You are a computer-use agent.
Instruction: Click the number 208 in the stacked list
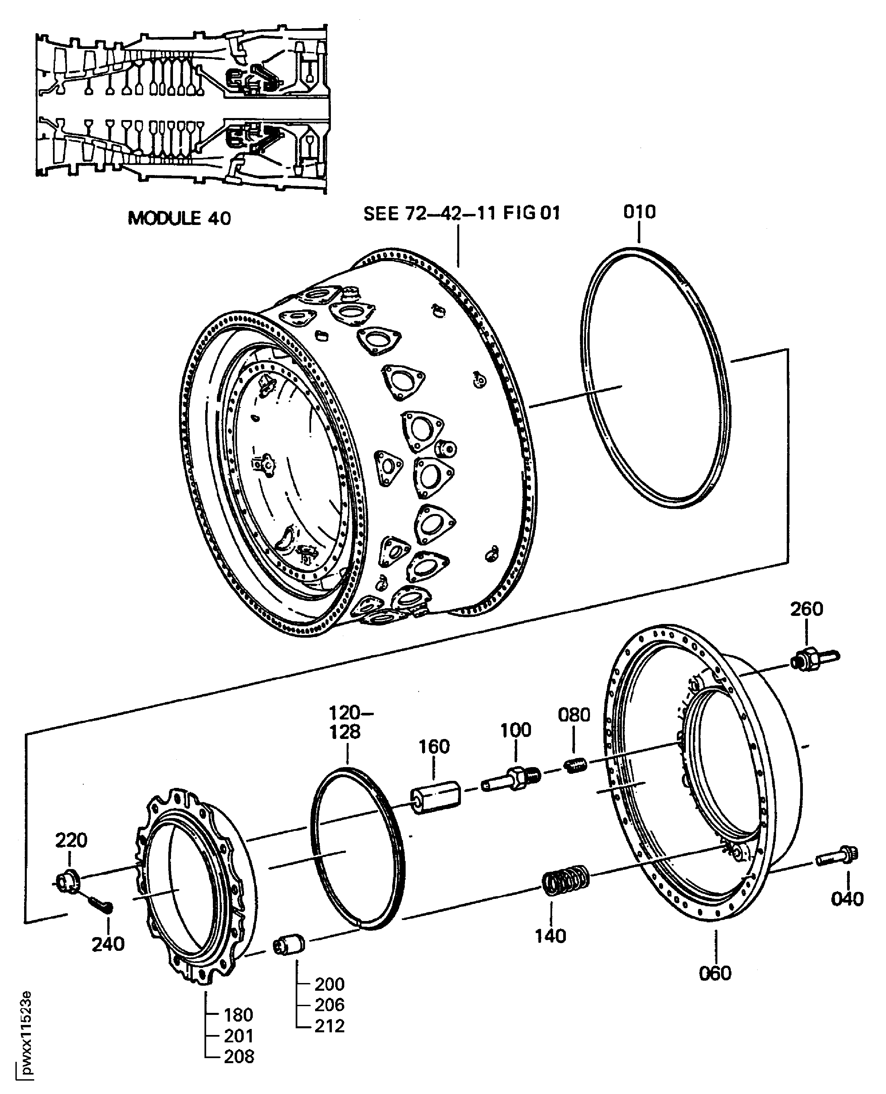coord(239,1056)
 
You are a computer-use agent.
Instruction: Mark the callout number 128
coord(345,732)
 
